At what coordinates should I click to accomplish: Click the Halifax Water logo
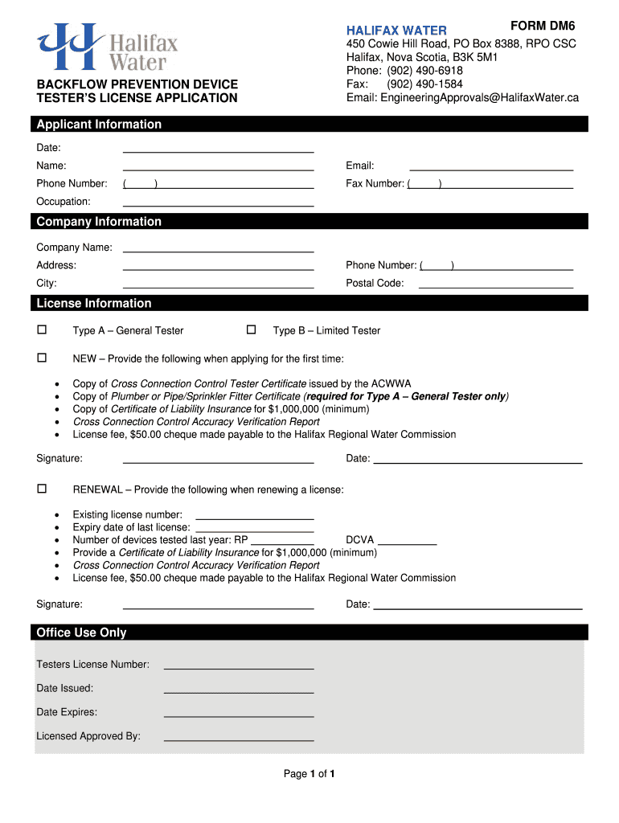[107, 47]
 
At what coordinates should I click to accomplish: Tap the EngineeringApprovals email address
[462, 97]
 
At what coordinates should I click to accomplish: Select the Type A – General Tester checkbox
[42, 330]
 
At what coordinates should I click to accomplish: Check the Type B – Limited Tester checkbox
[251, 330]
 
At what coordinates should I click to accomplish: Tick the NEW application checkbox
[42, 358]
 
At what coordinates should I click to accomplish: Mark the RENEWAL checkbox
[42, 489]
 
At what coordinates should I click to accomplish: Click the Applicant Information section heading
[99, 125]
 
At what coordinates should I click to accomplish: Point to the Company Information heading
[99, 222]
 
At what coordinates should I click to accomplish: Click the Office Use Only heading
[81, 633]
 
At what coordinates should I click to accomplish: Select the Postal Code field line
[496, 286]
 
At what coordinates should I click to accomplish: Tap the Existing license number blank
[254, 518]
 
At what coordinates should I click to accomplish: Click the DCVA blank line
[407, 543]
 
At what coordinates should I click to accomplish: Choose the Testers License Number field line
[238, 668]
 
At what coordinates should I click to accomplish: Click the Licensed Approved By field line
[238, 739]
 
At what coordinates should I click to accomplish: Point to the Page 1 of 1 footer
[309, 774]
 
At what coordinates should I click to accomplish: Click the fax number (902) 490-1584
[424, 84]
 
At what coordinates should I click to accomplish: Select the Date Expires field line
[238, 715]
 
